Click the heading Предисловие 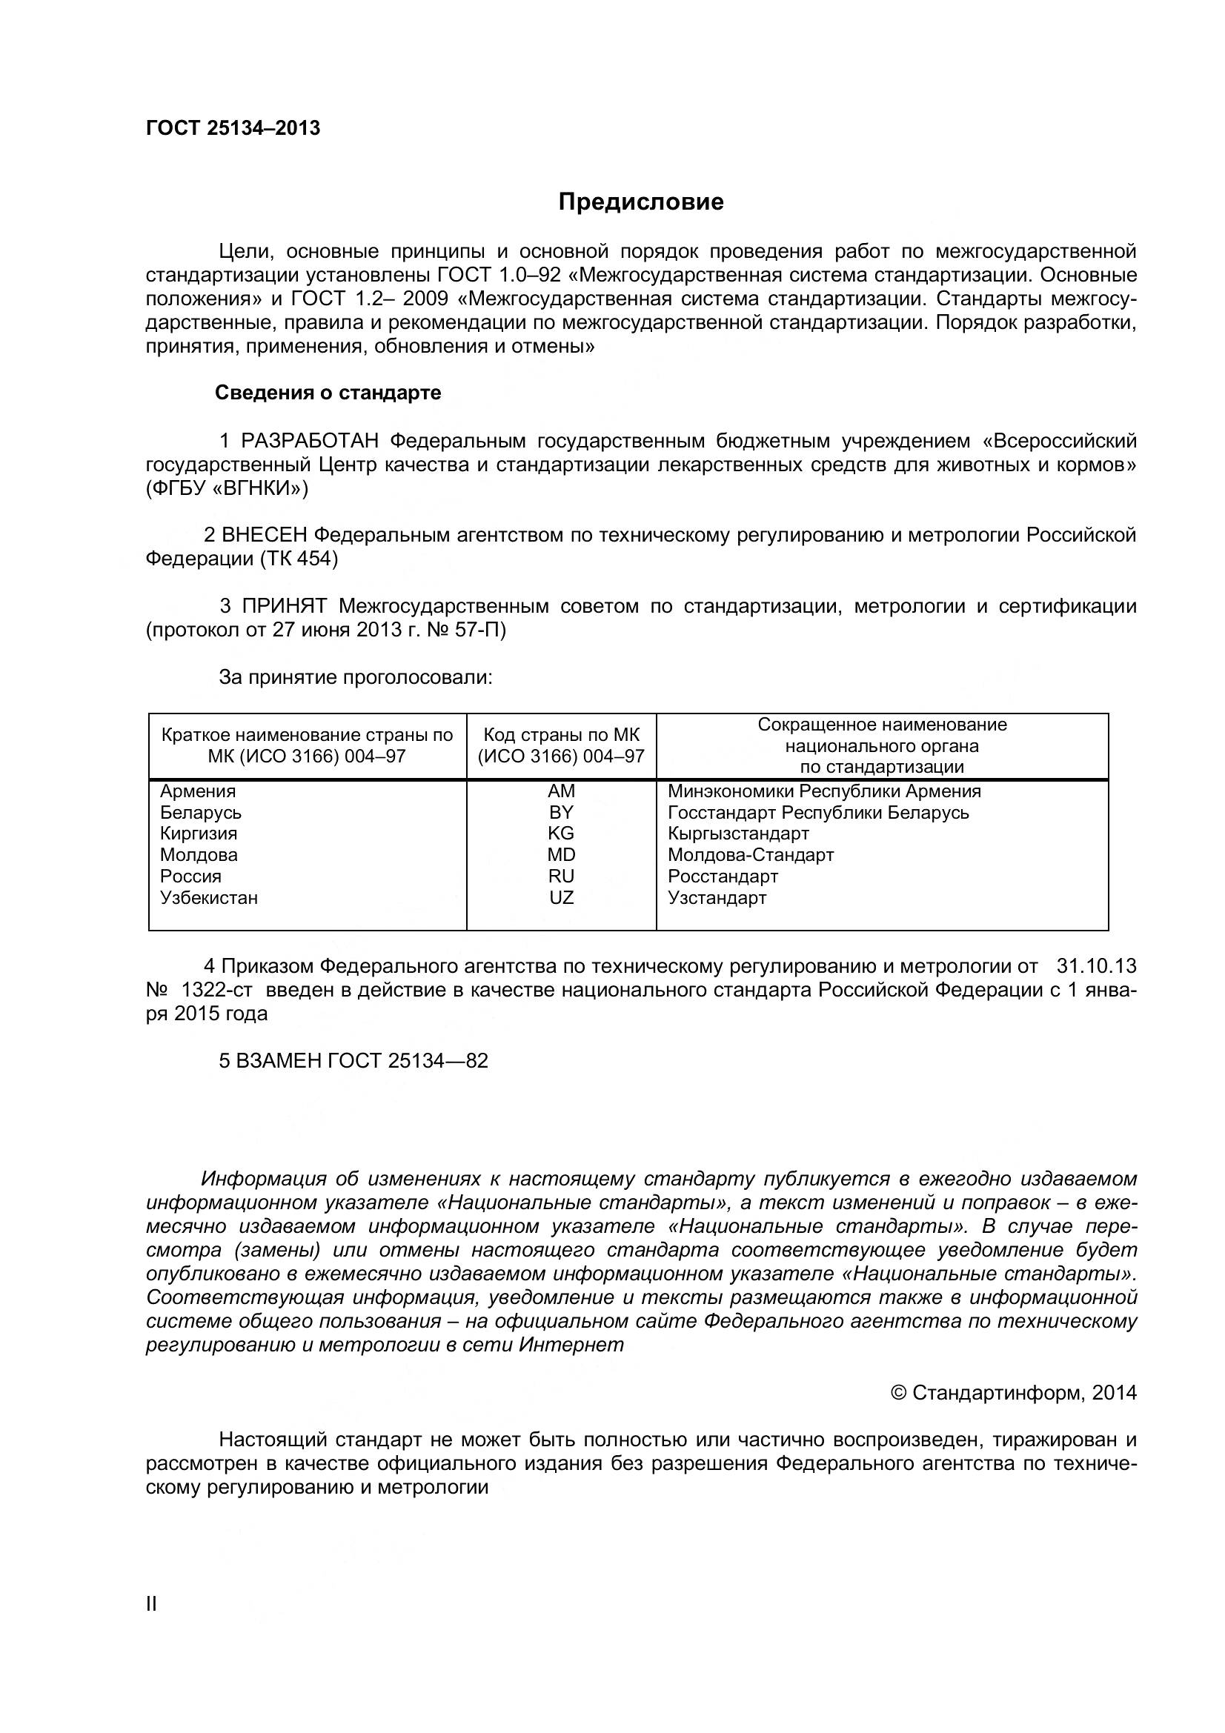tap(641, 202)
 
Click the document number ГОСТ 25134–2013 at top tap(233, 128)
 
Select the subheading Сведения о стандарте tap(328, 393)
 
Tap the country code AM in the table tap(561, 791)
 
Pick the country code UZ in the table tap(561, 897)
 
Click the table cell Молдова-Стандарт tap(750, 855)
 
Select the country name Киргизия tap(199, 834)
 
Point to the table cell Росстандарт tap(723, 877)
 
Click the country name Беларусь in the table tap(201, 812)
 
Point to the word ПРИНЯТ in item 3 tap(285, 606)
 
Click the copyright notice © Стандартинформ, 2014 tap(1013, 1393)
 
